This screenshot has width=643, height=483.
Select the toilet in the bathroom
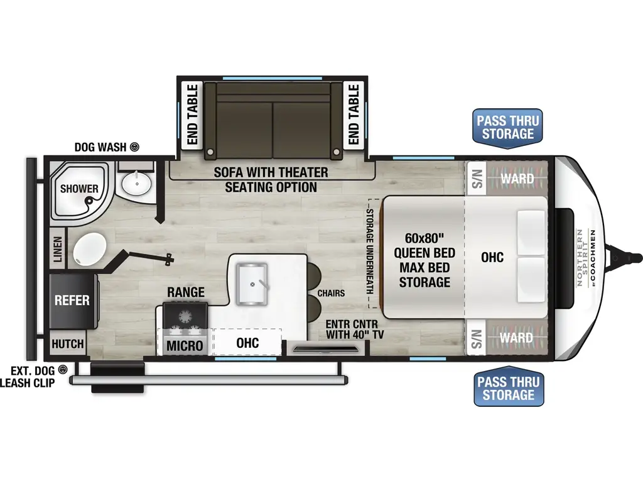89,248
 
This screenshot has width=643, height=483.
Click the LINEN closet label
57,249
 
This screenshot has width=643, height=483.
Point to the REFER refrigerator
73,301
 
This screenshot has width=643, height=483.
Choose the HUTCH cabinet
68,344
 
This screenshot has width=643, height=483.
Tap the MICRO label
185,346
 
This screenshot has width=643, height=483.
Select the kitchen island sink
252,284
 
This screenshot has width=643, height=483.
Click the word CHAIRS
331,293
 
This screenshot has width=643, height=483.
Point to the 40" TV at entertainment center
325,349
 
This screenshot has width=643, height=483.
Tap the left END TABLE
192,114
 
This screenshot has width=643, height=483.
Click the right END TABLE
354,114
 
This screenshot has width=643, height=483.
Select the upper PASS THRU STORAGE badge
507,128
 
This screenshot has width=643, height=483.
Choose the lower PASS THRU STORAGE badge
509,387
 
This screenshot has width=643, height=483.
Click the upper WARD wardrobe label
517,179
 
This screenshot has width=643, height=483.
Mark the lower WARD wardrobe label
516,338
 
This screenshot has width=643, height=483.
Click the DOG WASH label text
100,147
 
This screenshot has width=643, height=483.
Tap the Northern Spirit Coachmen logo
586,257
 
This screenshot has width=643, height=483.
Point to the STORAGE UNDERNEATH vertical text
370,252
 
